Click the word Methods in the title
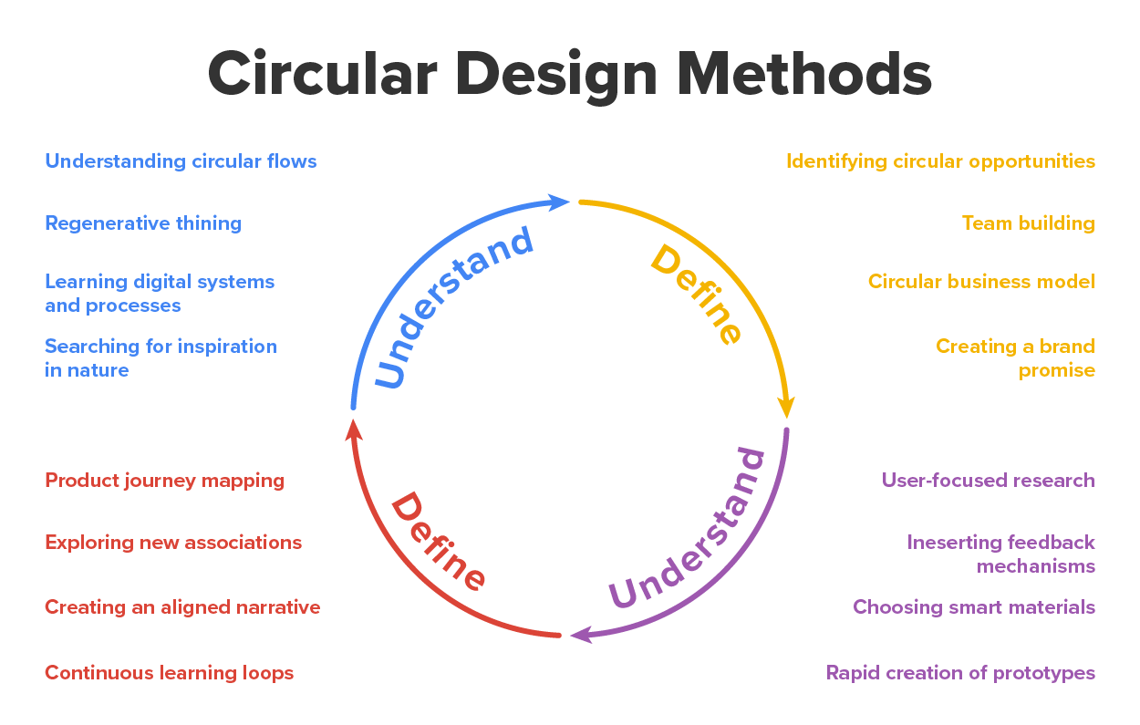click(804, 75)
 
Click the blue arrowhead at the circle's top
click(558, 202)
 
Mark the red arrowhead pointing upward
click(354, 427)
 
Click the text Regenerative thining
click(143, 223)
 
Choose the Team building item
click(1028, 223)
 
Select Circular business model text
click(981, 282)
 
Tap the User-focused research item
click(988, 481)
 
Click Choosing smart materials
click(974, 607)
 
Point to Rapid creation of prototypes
click(960, 673)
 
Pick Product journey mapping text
click(165, 481)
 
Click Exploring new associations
click(173, 543)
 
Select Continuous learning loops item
click(170, 673)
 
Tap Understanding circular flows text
click(181, 161)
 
